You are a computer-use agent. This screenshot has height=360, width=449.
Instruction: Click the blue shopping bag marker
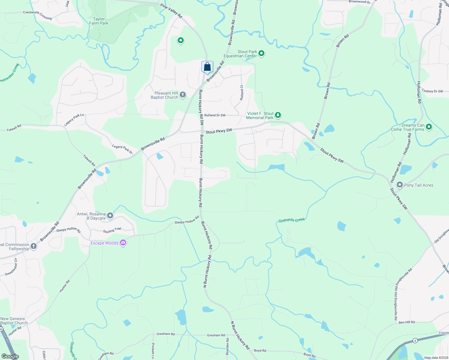(207, 67)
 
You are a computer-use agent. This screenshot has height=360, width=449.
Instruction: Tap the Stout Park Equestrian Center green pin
(261, 53)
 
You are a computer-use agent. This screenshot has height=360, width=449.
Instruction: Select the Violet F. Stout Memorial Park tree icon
(278, 115)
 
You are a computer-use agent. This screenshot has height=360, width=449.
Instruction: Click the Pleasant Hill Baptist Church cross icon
(182, 95)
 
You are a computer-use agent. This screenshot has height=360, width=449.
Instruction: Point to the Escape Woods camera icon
(123, 243)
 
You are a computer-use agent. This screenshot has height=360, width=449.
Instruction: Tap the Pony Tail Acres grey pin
(399, 185)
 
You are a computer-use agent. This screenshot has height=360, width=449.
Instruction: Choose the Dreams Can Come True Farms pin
(429, 127)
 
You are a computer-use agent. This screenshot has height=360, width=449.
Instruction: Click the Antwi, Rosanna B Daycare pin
(110, 215)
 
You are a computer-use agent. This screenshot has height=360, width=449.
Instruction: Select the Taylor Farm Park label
(99, 21)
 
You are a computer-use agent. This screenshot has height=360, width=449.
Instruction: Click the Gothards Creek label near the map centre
(291, 220)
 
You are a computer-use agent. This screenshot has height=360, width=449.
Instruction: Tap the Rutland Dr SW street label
(215, 115)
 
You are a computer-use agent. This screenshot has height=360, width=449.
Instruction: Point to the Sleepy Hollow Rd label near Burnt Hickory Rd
(187, 220)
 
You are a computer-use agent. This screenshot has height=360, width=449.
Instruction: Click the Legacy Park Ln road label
(74, 119)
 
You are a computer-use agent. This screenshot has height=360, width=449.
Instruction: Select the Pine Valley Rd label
(171, 11)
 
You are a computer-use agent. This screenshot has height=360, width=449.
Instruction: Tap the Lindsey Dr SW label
(432, 91)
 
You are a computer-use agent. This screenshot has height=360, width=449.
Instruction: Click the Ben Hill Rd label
(407, 322)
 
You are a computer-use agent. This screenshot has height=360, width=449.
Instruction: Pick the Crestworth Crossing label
(37, 15)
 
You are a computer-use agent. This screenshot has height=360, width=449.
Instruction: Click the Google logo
(10, 356)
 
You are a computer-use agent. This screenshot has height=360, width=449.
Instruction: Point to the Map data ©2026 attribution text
(436, 358)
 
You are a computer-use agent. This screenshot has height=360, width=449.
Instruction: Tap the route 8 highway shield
(415, 340)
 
